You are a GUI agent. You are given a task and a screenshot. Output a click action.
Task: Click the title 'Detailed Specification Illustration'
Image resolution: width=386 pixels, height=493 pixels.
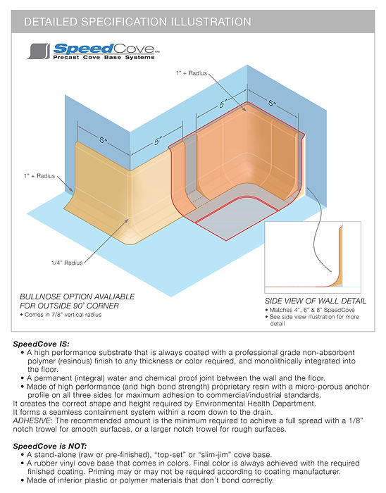(x=137, y=22)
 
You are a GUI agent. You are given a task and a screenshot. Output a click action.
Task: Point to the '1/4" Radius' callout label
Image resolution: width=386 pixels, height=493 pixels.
(x=66, y=263)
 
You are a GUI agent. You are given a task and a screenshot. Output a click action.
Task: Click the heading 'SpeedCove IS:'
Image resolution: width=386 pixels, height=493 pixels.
(x=42, y=344)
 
